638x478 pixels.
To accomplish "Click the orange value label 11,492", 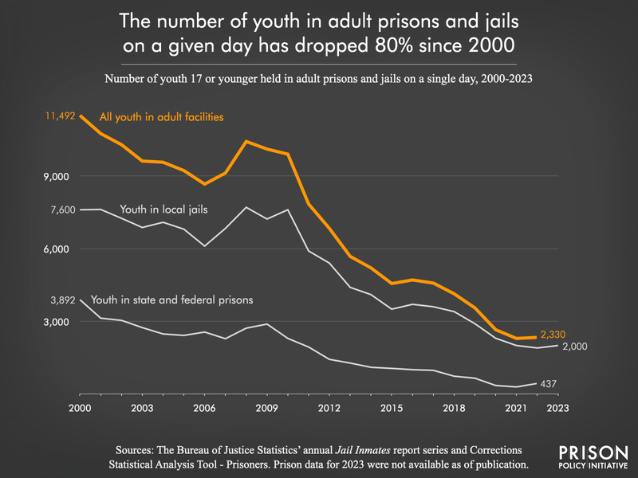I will pos(60,116).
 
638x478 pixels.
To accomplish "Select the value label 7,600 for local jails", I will pos(62,210).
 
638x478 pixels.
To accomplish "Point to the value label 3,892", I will pos(62,300).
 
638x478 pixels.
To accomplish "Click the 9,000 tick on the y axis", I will pos(61,176).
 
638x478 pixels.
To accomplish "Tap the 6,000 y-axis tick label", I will pos(61,249).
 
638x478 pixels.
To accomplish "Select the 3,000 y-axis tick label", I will pos(61,322).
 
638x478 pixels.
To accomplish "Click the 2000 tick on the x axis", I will pos(80,408).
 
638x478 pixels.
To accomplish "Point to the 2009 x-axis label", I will pos(266,408).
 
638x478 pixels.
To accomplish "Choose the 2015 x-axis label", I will pos(391,408).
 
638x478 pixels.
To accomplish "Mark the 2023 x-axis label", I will pos(557,408).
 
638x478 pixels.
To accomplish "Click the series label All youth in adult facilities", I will pos(160,117).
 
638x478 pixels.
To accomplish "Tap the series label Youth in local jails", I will pos(163,210).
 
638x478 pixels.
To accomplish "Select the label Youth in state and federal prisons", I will pos(172,300).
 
